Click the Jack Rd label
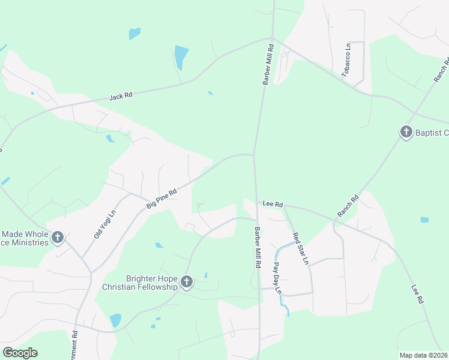(x=121, y=96)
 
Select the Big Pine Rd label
(x=161, y=199)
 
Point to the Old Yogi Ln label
(x=104, y=223)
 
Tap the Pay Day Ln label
(x=277, y=277)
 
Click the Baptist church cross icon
(x=406, y=132)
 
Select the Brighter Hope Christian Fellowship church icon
(x=186, y=282)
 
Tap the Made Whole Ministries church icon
(x=58, y=238)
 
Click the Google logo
(x=20, y=353)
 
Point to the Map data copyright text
(x=423, y=355)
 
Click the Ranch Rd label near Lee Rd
(x=348, y=206)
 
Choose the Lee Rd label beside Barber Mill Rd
(x=273, y=205)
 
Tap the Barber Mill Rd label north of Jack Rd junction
(x=268, y=64)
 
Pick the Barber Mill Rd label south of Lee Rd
(x=257, y=247)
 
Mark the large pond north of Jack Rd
(x=181, y=57)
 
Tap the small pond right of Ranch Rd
(x=425, y=220)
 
